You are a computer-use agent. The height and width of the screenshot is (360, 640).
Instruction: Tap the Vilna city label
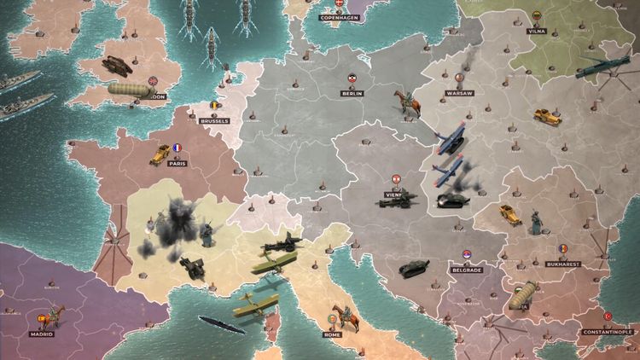[x=537, y=31]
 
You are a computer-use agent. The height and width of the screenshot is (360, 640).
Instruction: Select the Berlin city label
[x=352, y=94]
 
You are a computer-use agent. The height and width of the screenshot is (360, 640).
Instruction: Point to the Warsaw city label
[x=459, y=93]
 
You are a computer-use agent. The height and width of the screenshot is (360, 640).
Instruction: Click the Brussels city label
[x=214, y=121]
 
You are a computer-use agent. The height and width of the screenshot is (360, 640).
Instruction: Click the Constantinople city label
[x=608, y=332]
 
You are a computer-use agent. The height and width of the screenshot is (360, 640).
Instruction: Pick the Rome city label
[x=332, y=334]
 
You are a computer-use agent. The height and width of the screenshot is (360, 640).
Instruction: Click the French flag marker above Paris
[x=177, y=148]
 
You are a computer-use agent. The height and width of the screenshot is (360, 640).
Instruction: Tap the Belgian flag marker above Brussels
[x=214, y=107]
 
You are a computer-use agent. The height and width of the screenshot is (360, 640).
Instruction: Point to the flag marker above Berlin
[x=352, y=78]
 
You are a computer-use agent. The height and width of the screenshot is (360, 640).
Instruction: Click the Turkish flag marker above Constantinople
[x=608, y=316]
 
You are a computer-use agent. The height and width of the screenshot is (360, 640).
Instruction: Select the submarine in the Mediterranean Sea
[x=222, y=324]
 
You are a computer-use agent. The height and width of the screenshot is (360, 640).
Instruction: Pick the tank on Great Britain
[x=114, y=63]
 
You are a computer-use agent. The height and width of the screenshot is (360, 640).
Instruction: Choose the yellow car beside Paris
[x=159, y=154]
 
